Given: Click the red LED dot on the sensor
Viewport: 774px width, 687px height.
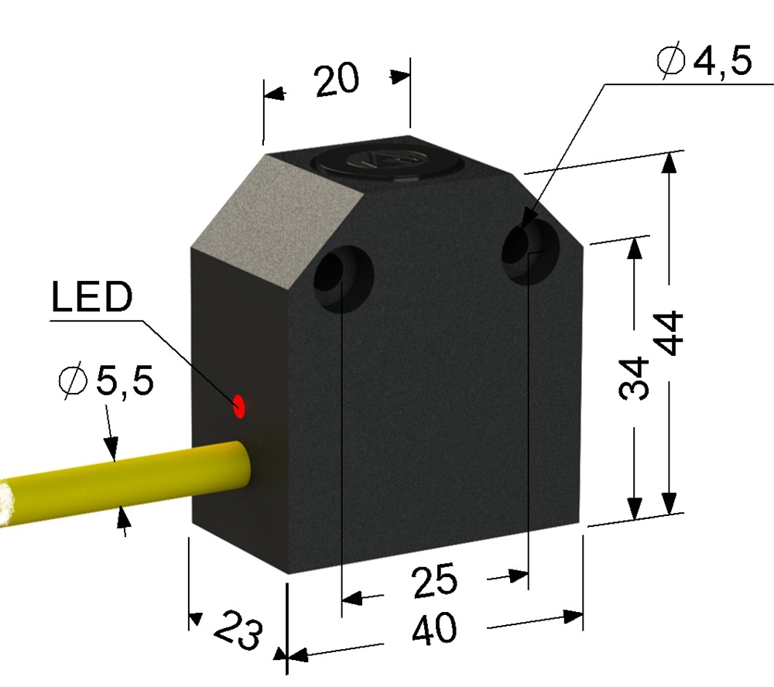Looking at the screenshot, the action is tap(239, 407).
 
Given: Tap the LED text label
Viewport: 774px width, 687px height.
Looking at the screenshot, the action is tap(92, 296).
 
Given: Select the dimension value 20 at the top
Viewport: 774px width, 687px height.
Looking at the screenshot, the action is tap(337, 80).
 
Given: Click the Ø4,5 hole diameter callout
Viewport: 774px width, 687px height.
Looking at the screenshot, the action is tap(704, 61).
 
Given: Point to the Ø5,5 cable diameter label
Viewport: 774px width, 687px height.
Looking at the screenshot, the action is tap(105, 381).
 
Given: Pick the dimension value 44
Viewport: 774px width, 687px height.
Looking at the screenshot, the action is tap(671, 333).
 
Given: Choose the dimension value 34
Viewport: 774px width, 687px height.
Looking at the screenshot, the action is tap(633, 378).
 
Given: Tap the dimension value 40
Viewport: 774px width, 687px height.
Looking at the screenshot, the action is tap(435, 629).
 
